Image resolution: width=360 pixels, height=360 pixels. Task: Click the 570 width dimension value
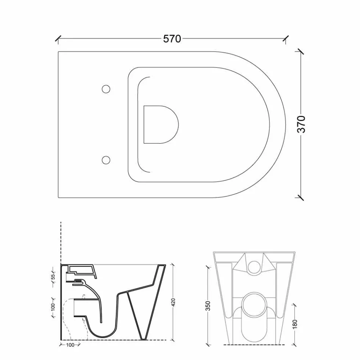pyautogui.click(x=172, y=39)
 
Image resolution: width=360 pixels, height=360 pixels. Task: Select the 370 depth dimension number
pyautogui.click(x=301, y=124)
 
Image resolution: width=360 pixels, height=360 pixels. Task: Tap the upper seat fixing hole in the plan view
pyautogui.click(x=106, y=89)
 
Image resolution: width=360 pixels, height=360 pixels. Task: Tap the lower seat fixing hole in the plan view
pyautogui.click(x=106, y=160)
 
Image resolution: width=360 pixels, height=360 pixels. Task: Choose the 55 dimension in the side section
pyautogui.click(x=53, y=277)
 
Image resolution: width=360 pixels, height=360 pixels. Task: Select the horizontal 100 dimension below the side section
pyautogui.click(x=70, y=345)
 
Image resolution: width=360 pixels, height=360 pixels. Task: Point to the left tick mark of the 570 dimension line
pyautogui.click(x=58, y=38)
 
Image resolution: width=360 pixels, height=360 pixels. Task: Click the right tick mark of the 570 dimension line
pyautogui.click(x=286, y=38)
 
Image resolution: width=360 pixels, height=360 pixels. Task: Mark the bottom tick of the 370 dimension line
pyautogui.click(x=301, y=197)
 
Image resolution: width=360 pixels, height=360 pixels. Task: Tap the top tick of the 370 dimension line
pyautogui.click(x=301, y=51)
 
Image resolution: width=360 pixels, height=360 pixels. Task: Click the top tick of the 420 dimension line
pyautogui.click(x=173, y=264)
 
